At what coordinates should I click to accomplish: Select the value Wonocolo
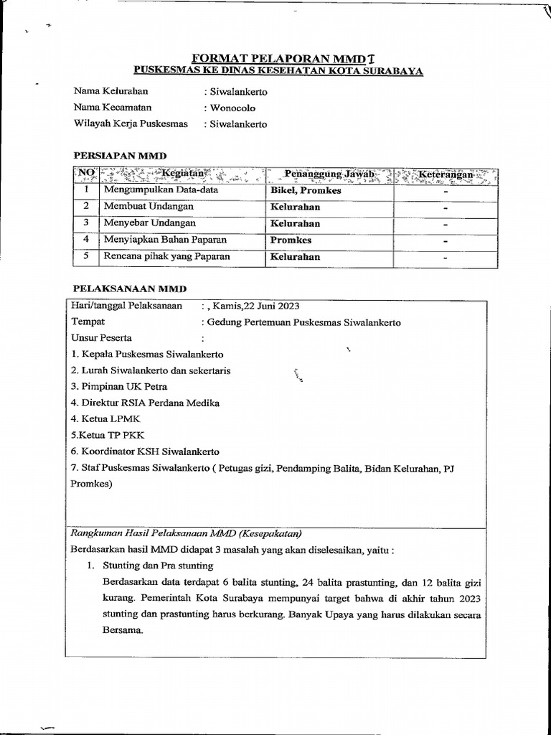pos(231,108)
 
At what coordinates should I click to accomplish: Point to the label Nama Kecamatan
pos(113,108)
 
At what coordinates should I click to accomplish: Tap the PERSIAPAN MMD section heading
pos(121,155)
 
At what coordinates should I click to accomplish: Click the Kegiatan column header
pos(183,174)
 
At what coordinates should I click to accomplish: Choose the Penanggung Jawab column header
pos(329,174)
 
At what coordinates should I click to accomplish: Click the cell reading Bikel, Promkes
pos(306,191)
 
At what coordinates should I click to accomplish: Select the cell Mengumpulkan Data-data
pos(161,191)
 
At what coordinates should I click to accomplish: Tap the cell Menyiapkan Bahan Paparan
pos(165,240)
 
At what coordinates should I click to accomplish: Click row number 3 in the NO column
pos(85,223)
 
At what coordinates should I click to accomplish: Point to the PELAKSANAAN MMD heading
pos(129,289)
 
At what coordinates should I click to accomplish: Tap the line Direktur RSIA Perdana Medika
pos(145,403)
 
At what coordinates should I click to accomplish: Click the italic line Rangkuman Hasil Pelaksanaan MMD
pos(186,533)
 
